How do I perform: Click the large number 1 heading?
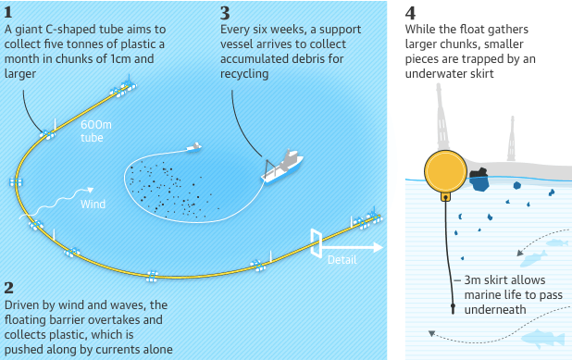tap(9, 12)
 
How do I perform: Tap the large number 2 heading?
tap(9, 288)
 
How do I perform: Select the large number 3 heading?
tap(226, 12)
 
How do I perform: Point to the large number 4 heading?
tap(412, 12)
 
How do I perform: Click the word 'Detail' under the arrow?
tap(342, 260)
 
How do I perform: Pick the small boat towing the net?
tap(193, 147)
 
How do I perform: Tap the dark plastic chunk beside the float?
tap(479, 179)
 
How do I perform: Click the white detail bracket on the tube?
tap(317, 241)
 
